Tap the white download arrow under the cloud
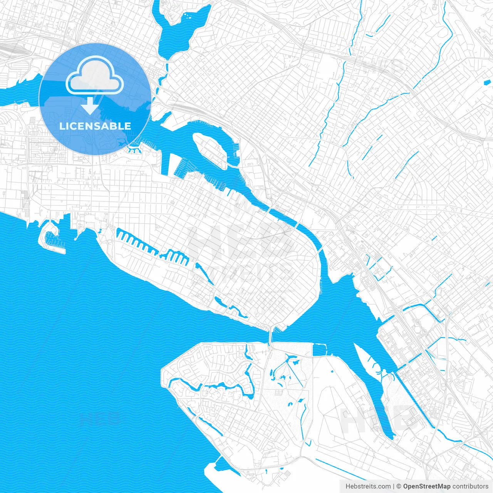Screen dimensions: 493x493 [x=90, y=105]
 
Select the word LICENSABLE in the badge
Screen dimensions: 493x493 [x=95, y=126]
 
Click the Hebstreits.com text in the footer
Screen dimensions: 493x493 [x=368, y=486]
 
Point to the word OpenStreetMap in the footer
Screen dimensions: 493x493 [x=426, y=486]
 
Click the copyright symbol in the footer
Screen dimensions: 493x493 [x=399, y=486]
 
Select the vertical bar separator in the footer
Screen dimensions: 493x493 [x=393, y=486]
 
